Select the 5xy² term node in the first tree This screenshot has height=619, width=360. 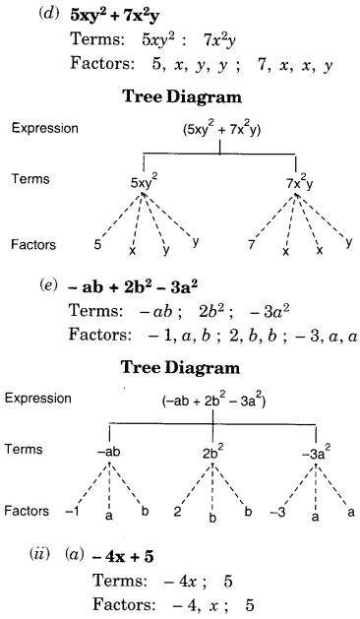(x=145, y=181)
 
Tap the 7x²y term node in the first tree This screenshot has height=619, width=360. (x=300, y=181)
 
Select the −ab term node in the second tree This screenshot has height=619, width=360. (x=108, y=452)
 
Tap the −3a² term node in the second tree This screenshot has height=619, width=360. (x=315, y=452)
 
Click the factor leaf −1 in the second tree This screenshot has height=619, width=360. (x=71, y=512)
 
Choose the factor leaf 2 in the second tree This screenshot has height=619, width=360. (x=176, y=512)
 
